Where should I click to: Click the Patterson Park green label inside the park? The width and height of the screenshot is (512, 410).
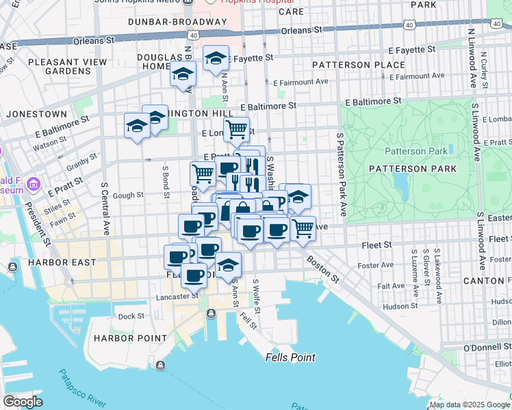click(415, 151)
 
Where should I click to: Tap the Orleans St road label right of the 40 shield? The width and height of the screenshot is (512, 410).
click(301, 30)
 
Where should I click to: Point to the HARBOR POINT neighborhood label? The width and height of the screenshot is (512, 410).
click(130, 338)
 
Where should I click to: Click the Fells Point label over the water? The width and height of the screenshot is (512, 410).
click(290, 357)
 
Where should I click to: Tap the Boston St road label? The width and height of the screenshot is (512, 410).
click(322, 269)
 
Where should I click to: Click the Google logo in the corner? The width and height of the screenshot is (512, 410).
click(23, 402)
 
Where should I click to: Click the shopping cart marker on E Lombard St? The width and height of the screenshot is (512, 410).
click(236, 128)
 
